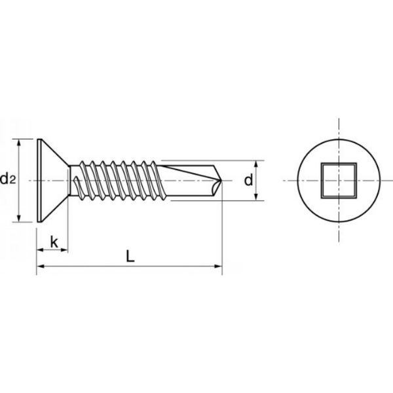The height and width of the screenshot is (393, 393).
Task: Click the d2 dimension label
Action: tap(8, 179)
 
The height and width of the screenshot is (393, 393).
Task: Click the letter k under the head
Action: tap(54, 242)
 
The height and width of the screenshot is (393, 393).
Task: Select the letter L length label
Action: tap(130, 256)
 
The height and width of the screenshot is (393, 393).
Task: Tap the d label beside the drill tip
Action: tap(249, 180)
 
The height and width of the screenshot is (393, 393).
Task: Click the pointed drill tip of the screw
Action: tap(221, 180)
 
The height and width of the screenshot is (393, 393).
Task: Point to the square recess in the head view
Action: tap(339, 181)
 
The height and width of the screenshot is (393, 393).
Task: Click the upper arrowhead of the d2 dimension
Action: tap(19, 142)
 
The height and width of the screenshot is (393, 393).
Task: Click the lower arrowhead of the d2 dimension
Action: tap(19, 219)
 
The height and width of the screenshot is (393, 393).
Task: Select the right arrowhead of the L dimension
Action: tap(219, 266)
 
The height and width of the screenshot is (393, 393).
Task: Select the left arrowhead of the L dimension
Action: tap(40, 266)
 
